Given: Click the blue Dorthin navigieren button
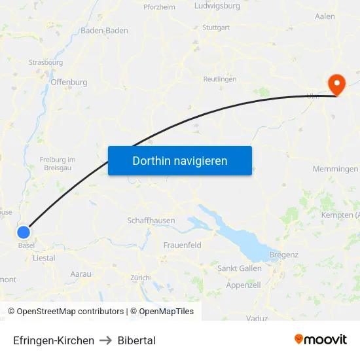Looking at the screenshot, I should [x=180, y=160].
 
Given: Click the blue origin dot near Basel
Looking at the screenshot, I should [x=24, y=232].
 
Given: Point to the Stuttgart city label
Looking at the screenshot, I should [x=216, y=27].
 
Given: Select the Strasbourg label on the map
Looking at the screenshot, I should [x=46, y=62].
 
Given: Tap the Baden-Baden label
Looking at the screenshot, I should [x=104, y=30].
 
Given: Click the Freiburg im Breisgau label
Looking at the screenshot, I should [x=58, y=164].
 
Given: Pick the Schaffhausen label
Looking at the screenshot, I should [x=151, y=221].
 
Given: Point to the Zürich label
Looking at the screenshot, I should [x=140, y=278].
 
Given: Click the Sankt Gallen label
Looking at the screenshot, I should [x=240, y=268].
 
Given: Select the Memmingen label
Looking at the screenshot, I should [x=335, y=169].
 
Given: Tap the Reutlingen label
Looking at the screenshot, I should [x=220, y=79].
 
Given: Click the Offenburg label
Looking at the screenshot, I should [x=69, y=82].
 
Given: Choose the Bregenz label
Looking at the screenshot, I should [x=283, y=254].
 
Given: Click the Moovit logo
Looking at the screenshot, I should [x=320, y=339].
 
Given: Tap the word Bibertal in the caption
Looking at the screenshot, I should [x=137, y=340].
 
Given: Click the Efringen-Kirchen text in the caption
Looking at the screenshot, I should [x=54, y=340].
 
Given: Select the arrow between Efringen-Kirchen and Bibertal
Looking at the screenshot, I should [x=106, y=340].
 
